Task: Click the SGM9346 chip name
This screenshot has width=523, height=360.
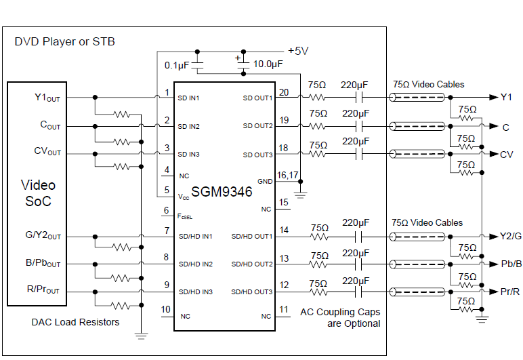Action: [222, 192]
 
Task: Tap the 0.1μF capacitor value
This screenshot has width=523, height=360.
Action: [177, 65]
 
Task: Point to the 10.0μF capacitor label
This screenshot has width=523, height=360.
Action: [268, 64]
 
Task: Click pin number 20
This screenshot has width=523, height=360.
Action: [283, 93]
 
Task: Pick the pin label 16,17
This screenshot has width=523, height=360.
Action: [289, 174]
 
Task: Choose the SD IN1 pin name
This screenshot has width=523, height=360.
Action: [189, 98]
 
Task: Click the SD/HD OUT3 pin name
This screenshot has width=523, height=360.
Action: [251, 292]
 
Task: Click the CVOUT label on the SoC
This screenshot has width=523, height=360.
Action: [47, 151]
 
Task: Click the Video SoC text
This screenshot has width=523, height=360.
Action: [38, 193]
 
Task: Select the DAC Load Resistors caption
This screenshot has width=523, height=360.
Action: [75, 322]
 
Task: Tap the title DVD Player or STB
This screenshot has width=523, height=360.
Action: [65, 42]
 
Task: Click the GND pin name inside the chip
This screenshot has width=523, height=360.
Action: [264, 182]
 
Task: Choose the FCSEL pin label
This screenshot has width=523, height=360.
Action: [185, 217]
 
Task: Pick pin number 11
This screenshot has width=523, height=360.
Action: [283, 309]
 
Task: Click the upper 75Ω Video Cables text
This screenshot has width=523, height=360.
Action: [428, 85]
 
